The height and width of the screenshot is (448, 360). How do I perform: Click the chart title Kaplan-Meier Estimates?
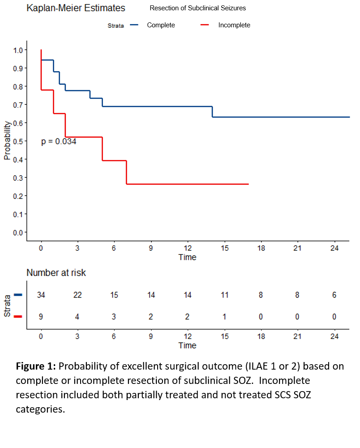coord(76,8)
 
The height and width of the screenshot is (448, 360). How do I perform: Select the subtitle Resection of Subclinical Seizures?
coord(197,8)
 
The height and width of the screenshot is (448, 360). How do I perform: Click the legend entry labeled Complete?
coord(161,25)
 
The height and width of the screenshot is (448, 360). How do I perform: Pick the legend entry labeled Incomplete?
coord(234,25)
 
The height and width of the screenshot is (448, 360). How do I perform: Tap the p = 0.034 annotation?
coord(59,142)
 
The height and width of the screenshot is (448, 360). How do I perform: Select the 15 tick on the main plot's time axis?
coord(224,249)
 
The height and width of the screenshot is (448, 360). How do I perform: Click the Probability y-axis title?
coord(7,140)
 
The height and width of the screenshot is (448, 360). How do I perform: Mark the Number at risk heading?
coord(56,273)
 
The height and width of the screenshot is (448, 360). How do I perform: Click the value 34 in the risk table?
coord(41,295)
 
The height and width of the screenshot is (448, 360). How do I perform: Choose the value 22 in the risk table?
coord(77,295)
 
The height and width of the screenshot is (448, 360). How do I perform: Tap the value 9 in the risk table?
coord(41,317)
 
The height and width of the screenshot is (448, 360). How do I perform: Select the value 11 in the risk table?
coord(224,295)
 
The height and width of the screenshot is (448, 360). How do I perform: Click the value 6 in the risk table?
coord(334,295)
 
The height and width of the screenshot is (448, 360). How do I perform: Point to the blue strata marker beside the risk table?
coord(18,295)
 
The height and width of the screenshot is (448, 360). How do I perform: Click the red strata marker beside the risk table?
coord(18,317)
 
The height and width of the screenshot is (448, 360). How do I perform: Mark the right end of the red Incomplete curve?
coord(248,184)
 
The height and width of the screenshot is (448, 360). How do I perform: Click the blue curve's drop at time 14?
coord(212,112)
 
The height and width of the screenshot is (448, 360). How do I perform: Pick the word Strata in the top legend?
coord(116,26)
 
